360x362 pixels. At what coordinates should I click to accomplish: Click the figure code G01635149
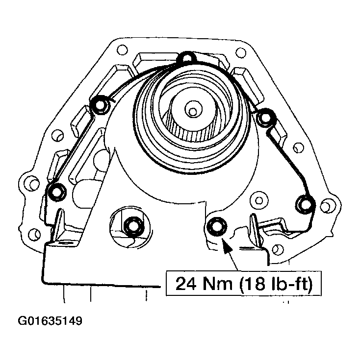coord(50,322)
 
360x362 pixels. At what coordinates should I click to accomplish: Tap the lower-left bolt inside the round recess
coord(132,226)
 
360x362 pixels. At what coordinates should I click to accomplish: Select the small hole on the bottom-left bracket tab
coord(62,243)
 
